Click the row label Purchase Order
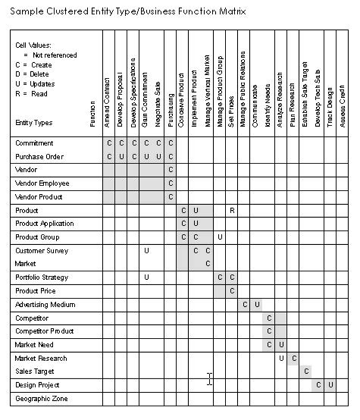coord(39,156)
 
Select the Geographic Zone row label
coord(41,398)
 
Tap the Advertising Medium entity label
coord(44,304)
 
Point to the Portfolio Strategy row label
coord(42,277)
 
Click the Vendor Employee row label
coord(42,183)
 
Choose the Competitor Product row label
coord(45,331)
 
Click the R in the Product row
coord(232,210)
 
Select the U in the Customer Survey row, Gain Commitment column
coord(146,249)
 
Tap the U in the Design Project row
coord(330,384)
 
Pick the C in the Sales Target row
coord(306,371)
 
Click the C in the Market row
coord(208,263)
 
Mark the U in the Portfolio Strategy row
coord(146,277)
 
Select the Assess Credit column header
coord(343,108)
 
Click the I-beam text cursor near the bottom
coord(210,379)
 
